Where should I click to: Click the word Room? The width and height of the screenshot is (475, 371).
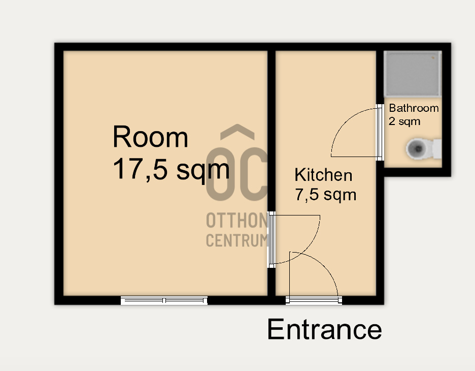click(x=151, y=137)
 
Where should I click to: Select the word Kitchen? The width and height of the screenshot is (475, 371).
click(x=323, y=175)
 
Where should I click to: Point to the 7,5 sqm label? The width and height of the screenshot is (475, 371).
click(x=326, y=195)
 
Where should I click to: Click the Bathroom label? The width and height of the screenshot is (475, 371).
click(x=414, y=108)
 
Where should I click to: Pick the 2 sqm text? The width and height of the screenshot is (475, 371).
click(x=405, y=121)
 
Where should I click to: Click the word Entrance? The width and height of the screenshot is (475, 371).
click(x=324, y=329)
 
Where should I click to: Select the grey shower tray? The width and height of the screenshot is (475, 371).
click(x=413, y=74)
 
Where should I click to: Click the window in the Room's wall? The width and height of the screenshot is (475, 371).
click(x=164, y=301)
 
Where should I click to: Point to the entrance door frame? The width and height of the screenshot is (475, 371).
click(x=314, y=300)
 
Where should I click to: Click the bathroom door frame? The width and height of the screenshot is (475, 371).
click(x=380, y=132)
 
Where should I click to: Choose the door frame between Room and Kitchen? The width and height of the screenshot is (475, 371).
click(x=272, y=240)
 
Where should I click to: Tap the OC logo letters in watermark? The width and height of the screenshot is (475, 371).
click(x=236, y=174)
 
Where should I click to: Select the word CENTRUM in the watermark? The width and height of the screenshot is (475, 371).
click(x=237, y=240)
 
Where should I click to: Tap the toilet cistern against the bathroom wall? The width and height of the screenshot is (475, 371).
click(x=437, y=148)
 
